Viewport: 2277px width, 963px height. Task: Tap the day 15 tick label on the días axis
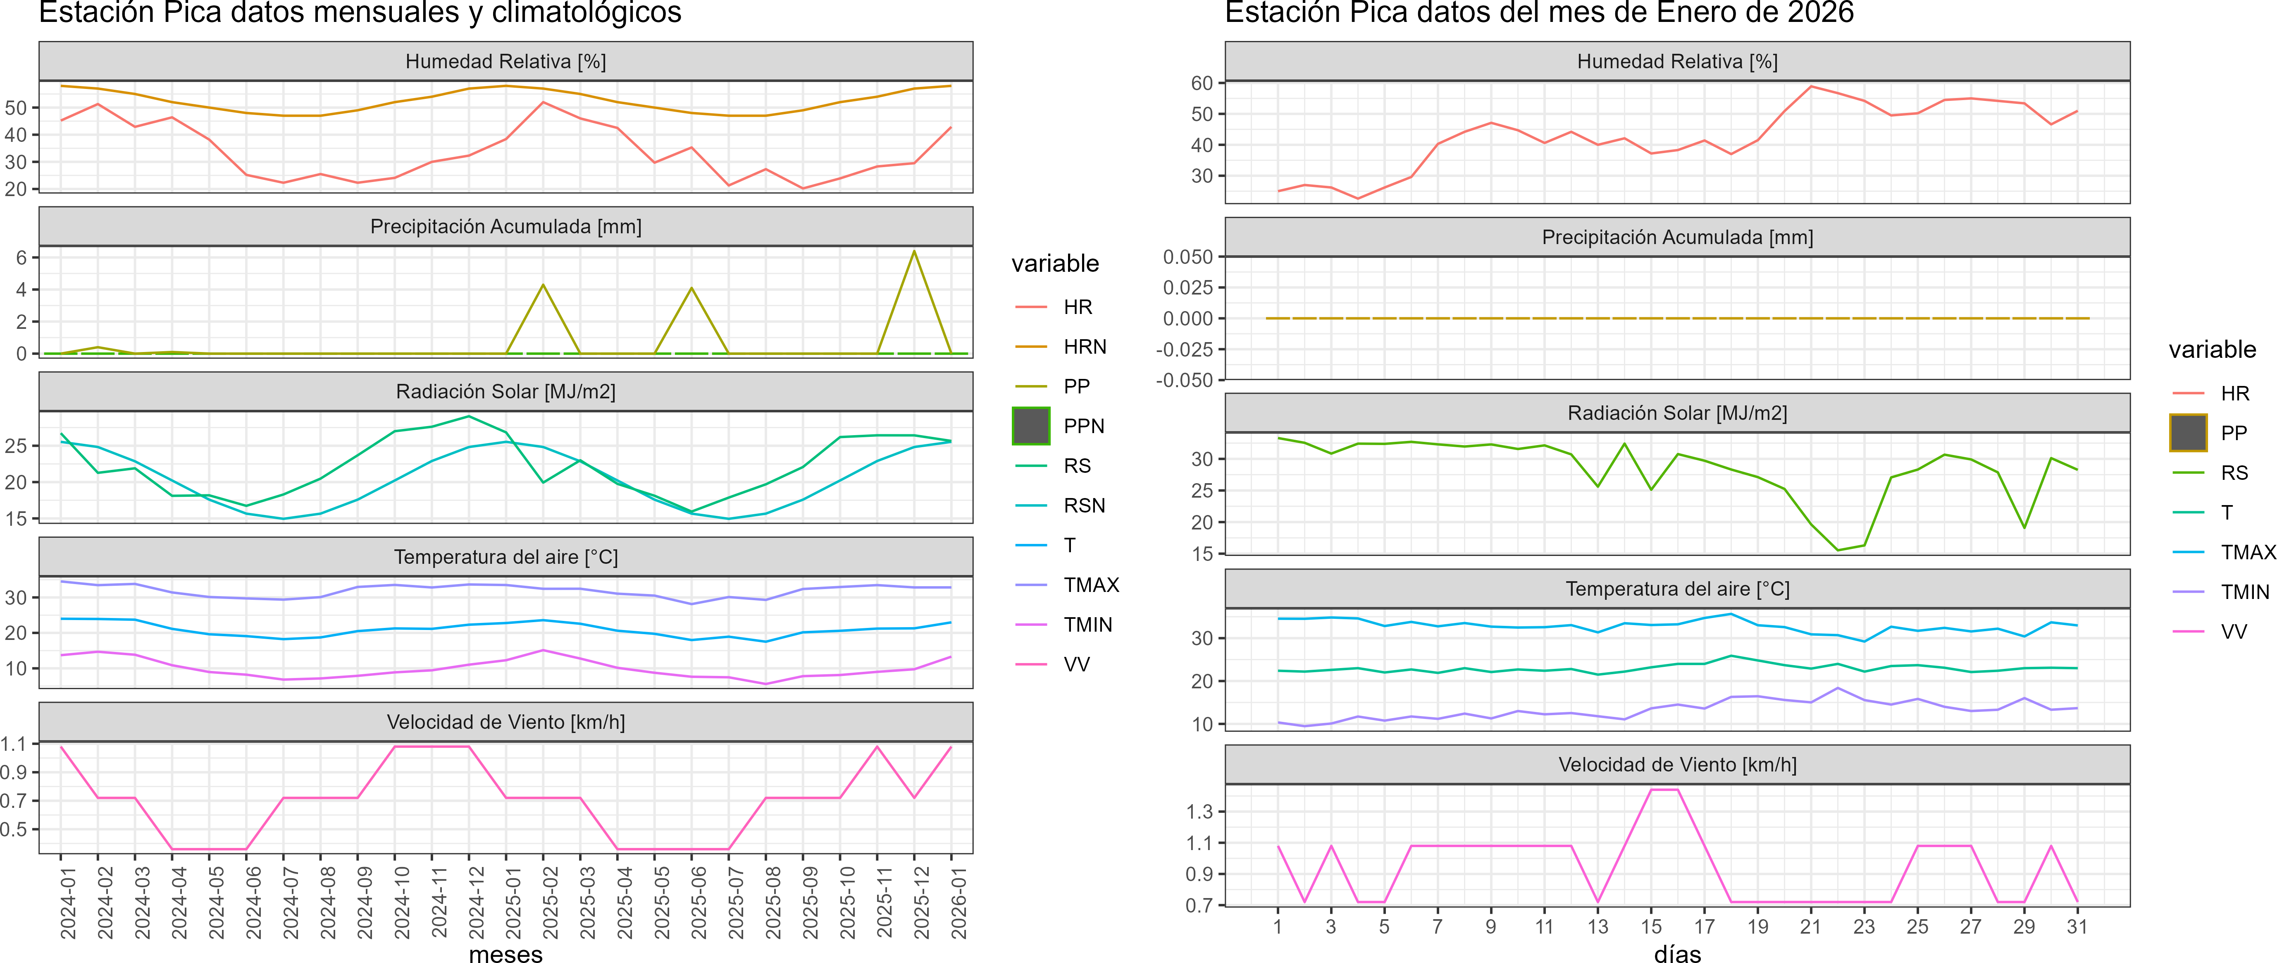[x=1651, y=927]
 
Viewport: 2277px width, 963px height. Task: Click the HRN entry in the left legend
[x=1085, y=347]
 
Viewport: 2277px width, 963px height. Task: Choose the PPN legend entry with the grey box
[x=1084, y=426]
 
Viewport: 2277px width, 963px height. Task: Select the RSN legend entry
[x=1084, y=506]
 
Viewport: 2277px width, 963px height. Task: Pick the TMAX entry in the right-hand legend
[x=2248, y=553]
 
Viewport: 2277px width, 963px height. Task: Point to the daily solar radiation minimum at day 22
[x=1838, y=550]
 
